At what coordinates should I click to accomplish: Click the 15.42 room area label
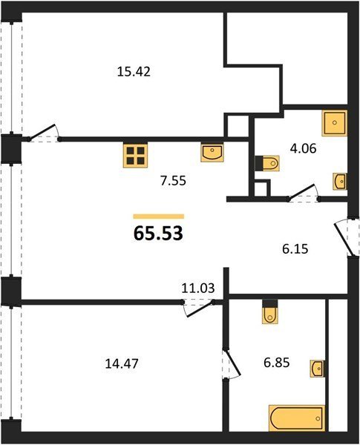[x=134, y=72]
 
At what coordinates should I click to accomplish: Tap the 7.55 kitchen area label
[x=173, y=181]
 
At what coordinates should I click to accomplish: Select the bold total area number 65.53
[x=158, y=234]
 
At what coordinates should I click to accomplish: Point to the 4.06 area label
[x=303, y=148]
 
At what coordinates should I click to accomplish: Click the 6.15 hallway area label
[x=295, y=249]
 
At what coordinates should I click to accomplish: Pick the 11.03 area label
[x=198, y=289]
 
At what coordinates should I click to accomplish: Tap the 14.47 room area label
[x=122, y=363]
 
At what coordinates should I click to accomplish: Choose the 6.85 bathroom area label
[x=276, y=363]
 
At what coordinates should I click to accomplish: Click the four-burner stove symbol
[x=135, y=155]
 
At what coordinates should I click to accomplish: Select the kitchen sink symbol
[x=212, y=153]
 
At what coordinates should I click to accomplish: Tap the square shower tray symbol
[x=335, y=123]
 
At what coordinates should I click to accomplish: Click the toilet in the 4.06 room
[x=267, y=163]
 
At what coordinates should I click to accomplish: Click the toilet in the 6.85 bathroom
[x=270, y=311]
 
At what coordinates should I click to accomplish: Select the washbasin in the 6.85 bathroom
[x=317, y=369]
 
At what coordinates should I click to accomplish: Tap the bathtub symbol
[x=296, y=418]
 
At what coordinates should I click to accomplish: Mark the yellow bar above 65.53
[x=159, y=217]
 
